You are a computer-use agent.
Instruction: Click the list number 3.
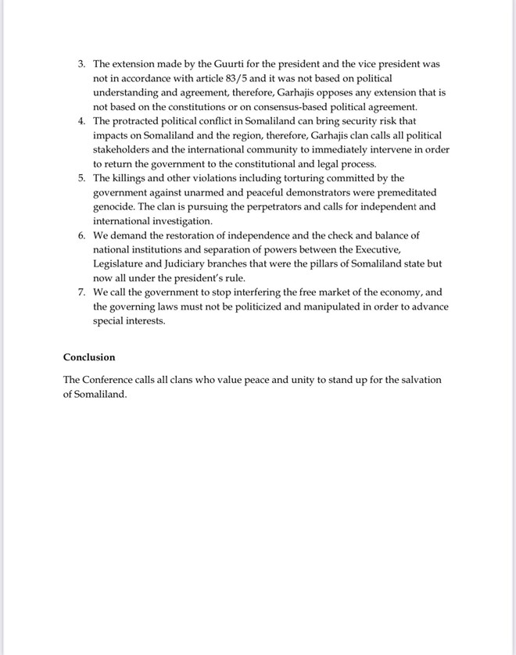coord(81,63)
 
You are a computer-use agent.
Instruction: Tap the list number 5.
coord(81,178)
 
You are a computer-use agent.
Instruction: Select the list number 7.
coord(81,292)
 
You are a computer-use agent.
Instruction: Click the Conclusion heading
coord(89,357)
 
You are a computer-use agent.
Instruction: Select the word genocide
coord(115,207)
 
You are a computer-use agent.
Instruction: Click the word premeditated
coord(400,192)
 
